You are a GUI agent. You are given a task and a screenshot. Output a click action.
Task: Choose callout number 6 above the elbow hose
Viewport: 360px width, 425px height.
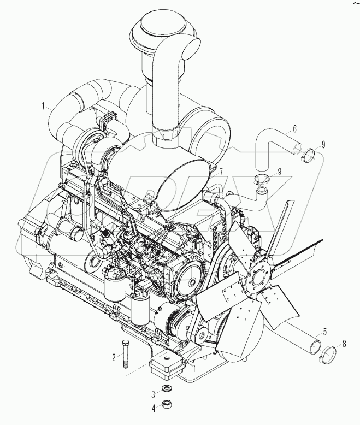pos(294,129)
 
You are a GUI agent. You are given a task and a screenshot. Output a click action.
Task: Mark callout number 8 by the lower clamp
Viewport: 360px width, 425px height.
pos(344,344)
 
